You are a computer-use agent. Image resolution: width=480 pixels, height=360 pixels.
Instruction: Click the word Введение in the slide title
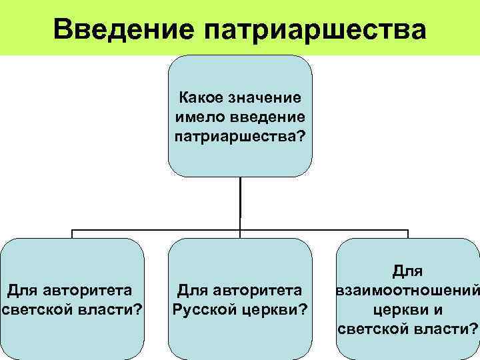[124, 29]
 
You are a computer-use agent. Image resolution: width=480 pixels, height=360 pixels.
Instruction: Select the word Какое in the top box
[200, 99]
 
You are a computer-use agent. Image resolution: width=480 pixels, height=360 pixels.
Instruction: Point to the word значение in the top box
[263, 99]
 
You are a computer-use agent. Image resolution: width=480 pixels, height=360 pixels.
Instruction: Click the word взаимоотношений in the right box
[408, 291]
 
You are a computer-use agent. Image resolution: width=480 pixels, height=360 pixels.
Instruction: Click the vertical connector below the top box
[240, 200]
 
